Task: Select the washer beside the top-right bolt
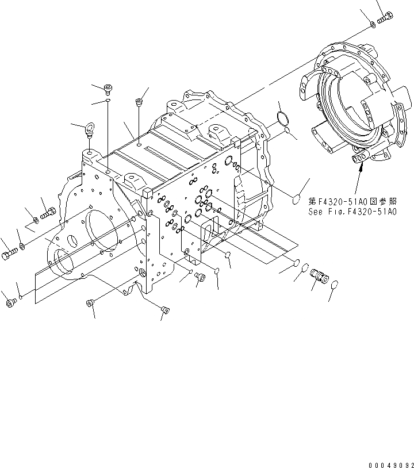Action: (x=373, y=24)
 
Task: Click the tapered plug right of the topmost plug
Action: (x=138, y=102)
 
